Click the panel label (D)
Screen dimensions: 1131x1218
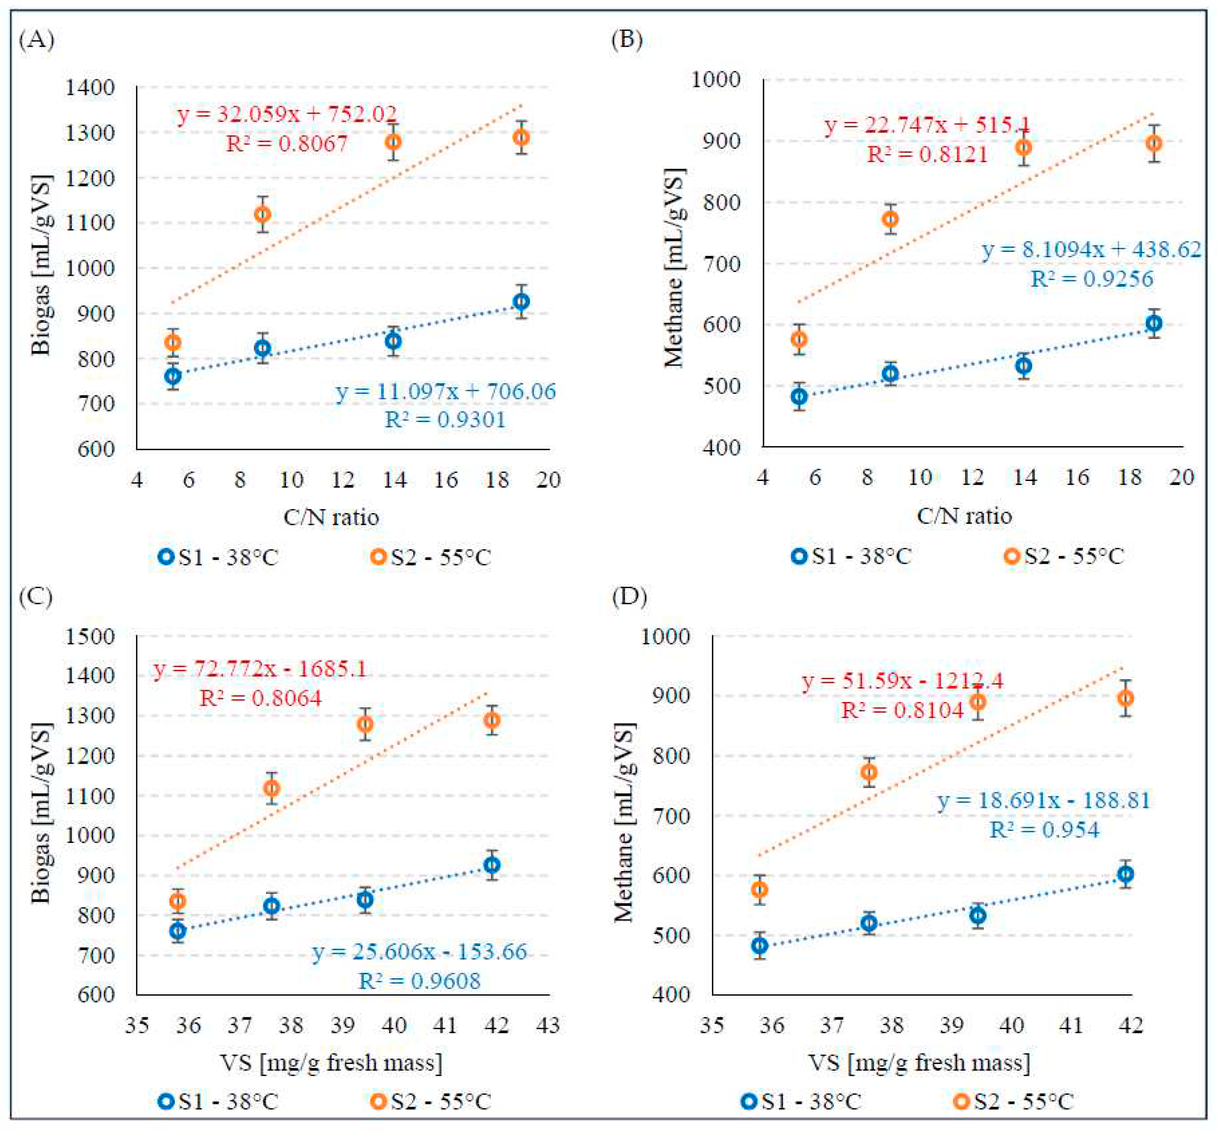[x=629, y=596]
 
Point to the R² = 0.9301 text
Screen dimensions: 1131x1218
[x=445, y=420]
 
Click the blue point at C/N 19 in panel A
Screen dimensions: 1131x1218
[x=521, y=302]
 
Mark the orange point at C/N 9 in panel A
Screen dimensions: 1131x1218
[x=262, y=214]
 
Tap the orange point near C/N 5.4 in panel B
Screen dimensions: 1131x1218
[x=799, y=339]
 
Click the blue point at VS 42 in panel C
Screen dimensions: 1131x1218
[x=492, y=865]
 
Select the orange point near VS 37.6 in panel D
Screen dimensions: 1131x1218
[x=869, y=772]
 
